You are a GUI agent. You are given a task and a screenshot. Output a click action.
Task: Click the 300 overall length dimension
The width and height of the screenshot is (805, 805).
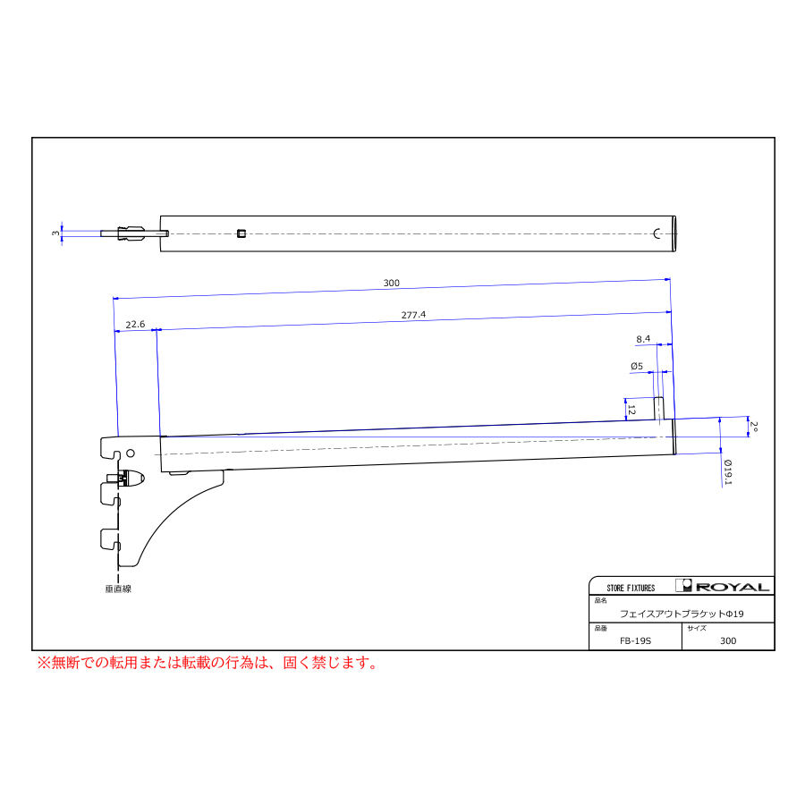point(391,283)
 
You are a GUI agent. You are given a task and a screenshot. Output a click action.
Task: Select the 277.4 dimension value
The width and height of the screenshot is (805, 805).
point(413,315)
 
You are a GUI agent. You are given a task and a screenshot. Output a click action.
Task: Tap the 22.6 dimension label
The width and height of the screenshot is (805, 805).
point(135,325)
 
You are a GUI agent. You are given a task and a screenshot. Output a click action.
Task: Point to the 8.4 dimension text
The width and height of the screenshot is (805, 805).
point(643,339)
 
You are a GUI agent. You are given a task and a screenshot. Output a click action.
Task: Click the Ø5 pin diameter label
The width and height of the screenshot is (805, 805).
point(637,366)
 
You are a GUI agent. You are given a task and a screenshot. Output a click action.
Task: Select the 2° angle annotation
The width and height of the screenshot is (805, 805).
point(754,426)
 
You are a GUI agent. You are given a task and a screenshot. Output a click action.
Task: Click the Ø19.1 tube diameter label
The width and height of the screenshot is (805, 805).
point(728,472)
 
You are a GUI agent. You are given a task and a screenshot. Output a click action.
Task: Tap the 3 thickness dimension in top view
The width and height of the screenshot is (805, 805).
point(55,233)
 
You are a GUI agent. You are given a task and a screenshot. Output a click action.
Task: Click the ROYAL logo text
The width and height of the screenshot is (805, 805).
point(733,587)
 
